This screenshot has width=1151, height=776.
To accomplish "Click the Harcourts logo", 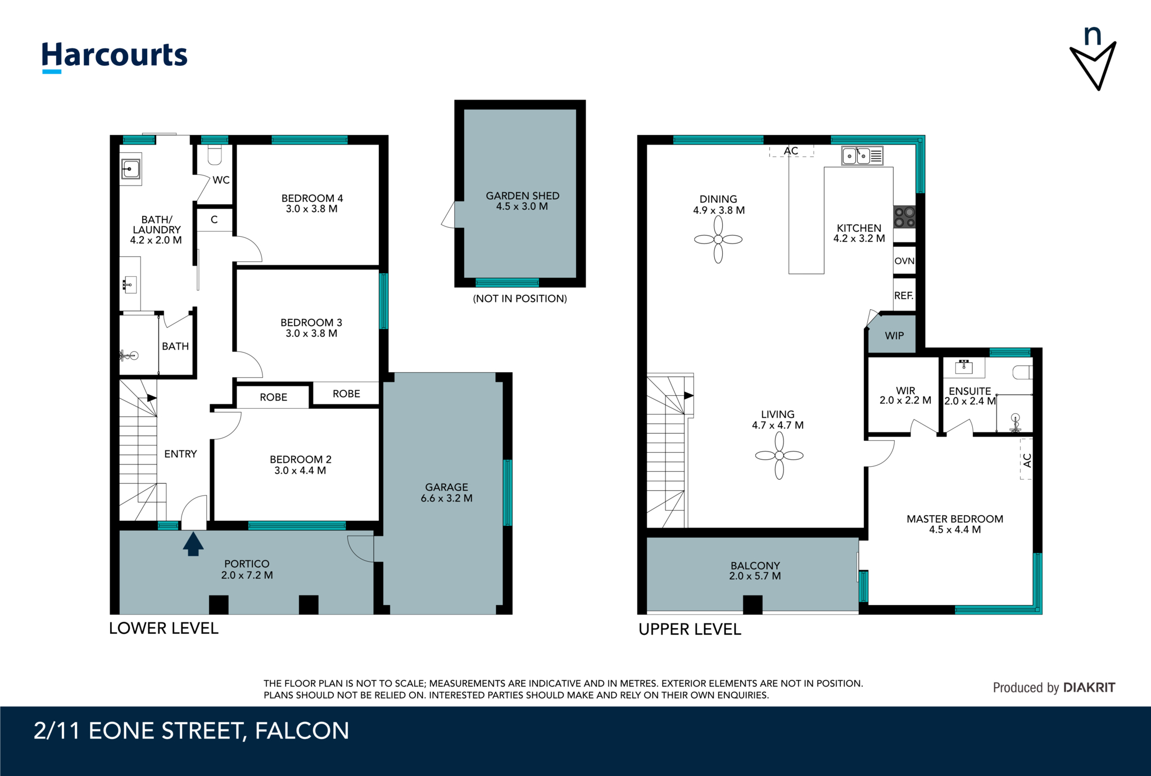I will [114, 56].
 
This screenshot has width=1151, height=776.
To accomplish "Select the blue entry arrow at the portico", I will [193, 544].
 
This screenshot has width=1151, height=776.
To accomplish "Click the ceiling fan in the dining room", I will [718, 240].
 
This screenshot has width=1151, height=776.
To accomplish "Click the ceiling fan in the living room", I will [779, 455].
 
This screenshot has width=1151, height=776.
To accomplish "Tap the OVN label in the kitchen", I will [904, 261].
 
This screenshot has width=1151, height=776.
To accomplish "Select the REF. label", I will [903, 295].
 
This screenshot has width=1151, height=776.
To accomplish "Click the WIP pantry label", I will [894, 336].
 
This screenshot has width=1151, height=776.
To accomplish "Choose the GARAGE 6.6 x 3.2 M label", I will [446, 493].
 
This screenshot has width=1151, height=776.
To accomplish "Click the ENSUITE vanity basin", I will [964, 367].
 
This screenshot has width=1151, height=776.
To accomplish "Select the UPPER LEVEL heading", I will [690, 629].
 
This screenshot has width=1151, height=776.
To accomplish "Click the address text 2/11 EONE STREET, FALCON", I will [191, 731].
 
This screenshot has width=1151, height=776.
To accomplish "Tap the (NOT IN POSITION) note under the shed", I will [520, 299].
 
